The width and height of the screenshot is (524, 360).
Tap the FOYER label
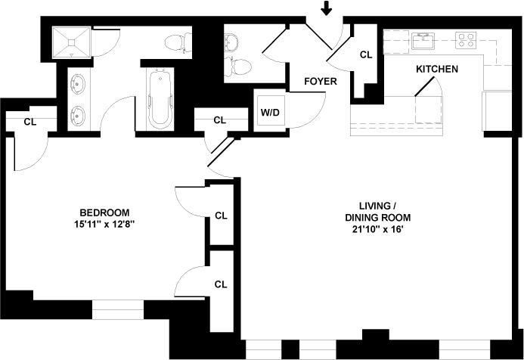pos(321,81)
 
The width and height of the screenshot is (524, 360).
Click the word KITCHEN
pos(436,69)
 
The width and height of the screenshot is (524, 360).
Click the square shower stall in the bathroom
pos(71,43)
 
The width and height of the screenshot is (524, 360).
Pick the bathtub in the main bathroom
pos(160,98)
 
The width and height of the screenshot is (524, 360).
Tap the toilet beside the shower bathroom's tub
pos(176,42)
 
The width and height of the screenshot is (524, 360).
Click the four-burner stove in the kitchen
pos(465,39)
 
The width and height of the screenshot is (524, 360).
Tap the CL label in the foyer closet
pos(366,54)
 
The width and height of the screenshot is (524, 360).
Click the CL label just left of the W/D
pos(219,119)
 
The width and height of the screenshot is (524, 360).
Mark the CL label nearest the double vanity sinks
pos(30,121)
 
